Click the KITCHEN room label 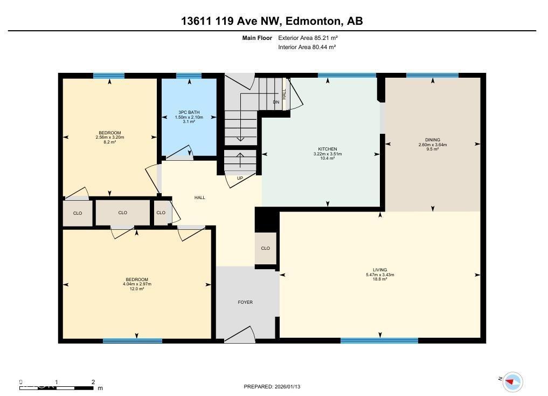point(327,149)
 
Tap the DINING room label point(432,140)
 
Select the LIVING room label point(379,270)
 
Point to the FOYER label point(245,302)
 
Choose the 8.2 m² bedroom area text point(109,142)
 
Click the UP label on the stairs point(240,177)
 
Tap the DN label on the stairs point(276,102)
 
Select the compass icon point(512,381)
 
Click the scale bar point(57,387)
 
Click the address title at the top point(272,21)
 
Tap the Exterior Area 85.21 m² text point(308,38)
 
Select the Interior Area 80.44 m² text point(307,47)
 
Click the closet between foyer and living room point(266,248)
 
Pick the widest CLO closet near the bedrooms point(123,213)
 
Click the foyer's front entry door point(239,336)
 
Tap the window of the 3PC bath point(189,76)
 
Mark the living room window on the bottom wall point(379,340)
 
